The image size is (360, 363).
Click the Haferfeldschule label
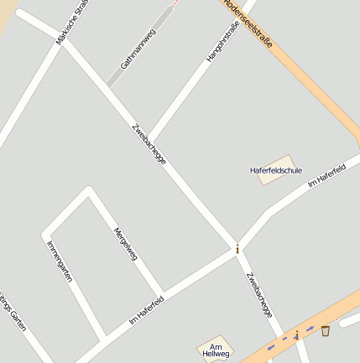coord(276,170)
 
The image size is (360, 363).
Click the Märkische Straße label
coord(72,22)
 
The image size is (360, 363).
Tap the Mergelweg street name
coord(125,242)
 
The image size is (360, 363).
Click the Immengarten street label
coord(60,261)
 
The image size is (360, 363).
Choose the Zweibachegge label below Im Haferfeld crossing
coord(259,294)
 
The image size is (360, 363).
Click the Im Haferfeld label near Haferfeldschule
coord(327,175)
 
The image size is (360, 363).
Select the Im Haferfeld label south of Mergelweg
coord(146,309)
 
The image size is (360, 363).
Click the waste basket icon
coord(325,330)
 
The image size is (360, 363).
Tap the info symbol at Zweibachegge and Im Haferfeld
coord(237,249)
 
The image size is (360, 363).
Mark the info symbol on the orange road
coord(296,336)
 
